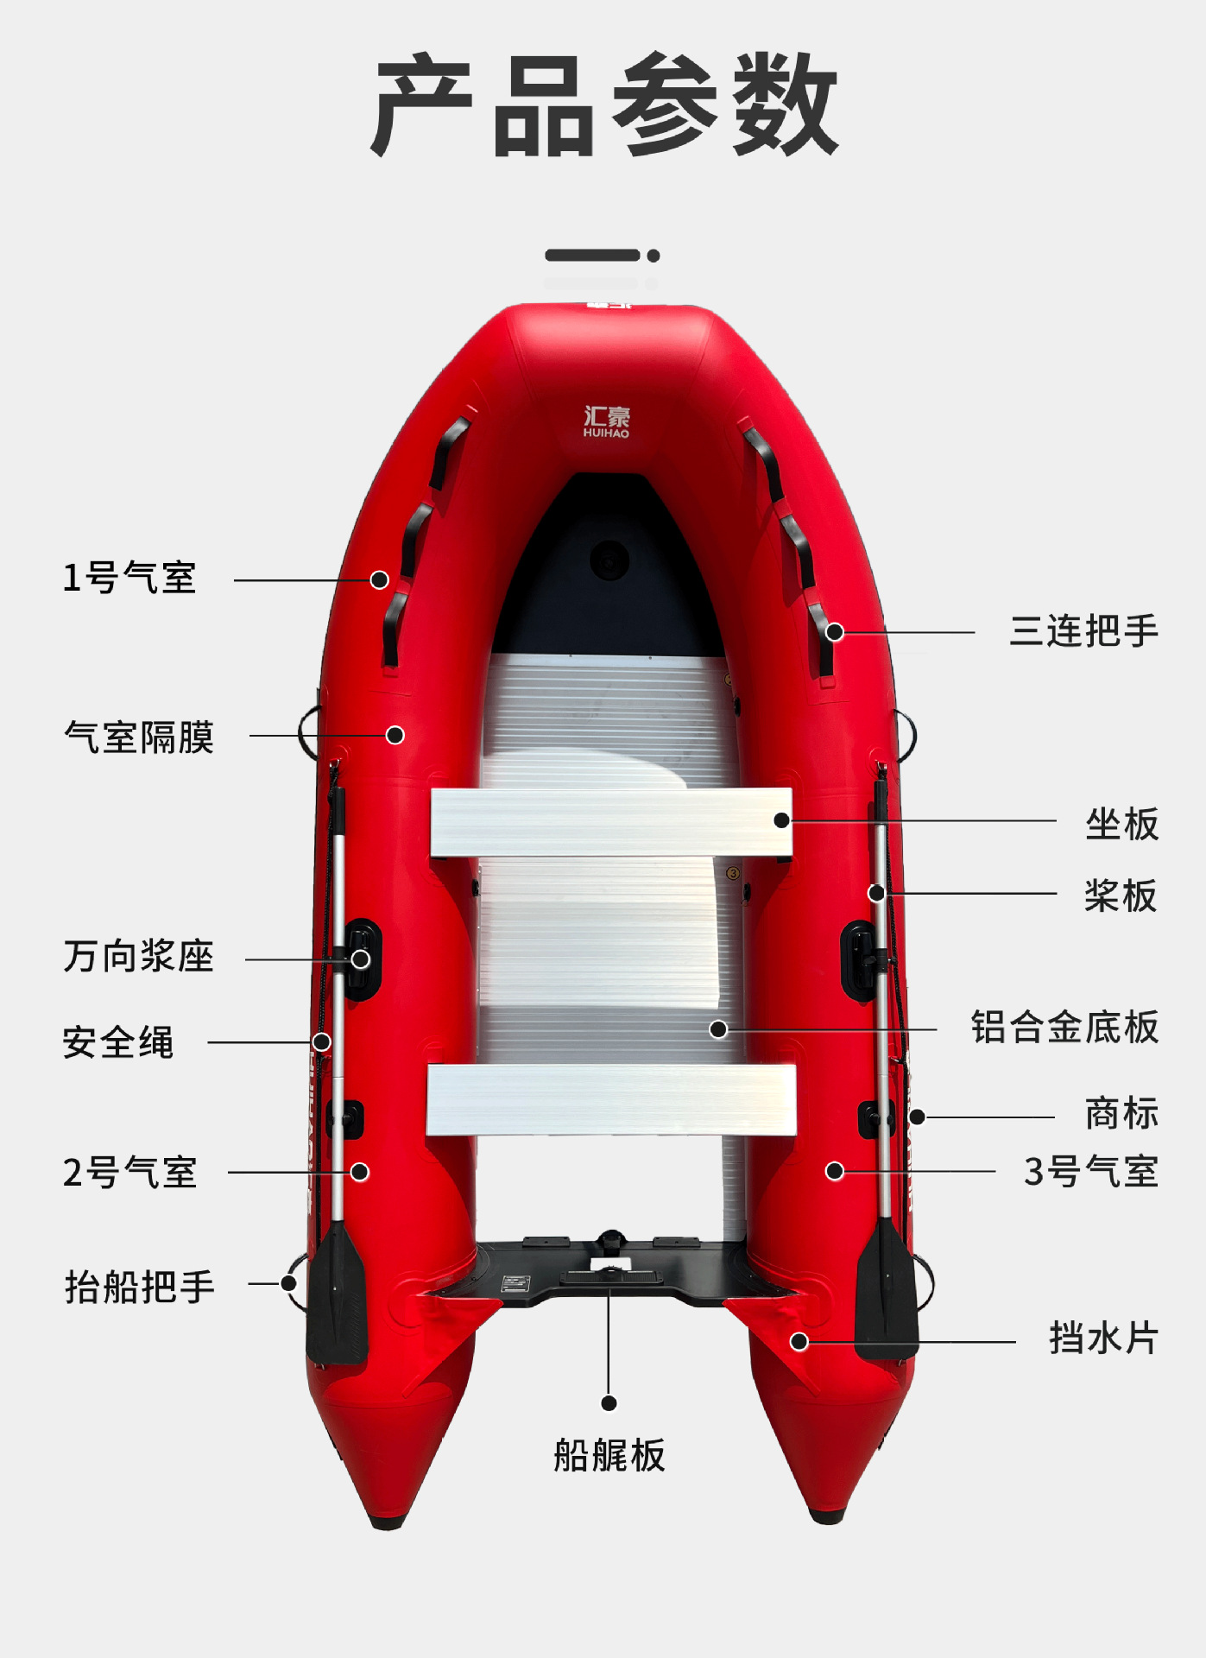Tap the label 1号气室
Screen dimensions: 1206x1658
pyautogui.click(x=129, y=578)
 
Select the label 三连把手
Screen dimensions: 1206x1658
pyautogui.click(x=1083, y=631)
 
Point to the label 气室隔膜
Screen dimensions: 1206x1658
pyautogui.click(x=138, y=737)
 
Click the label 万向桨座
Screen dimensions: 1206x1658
pyautogui.click(x=138, y=957)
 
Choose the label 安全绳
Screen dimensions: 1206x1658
pyautogui.click(x=118, y=1042)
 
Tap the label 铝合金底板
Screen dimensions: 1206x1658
pyautogui.click(x=1064, y=1028)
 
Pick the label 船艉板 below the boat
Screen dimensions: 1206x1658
pyautogui.click(x=609, y=1455)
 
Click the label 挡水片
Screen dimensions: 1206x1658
pyautogui.click(x=1103, y=1338)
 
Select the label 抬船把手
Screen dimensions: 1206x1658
pyautogui.click(x=140, y=1287)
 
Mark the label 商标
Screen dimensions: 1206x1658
pyautogui.click(x=1121, y=1114)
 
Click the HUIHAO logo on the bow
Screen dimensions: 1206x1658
pyautogui.click(x=607, y=421)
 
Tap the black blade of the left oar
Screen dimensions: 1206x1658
pyautogui.click(x=337, y=1295)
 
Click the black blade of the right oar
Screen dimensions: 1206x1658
pyautogui.click(x=887, y=1291)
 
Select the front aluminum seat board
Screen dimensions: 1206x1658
pyautogui.click(x=611, y=822)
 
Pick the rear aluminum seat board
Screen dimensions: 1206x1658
pyautogui.click(x=611, y=1099)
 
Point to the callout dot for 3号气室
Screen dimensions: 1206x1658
pyautogui.click(x=835, y=1171)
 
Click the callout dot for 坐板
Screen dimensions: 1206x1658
pyautogui.click(x=782, y=820)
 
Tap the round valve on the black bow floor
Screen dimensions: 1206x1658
pyautogui.click(x=609, y=560)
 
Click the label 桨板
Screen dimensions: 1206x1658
pyautogui.click(x=1120, y=895)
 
